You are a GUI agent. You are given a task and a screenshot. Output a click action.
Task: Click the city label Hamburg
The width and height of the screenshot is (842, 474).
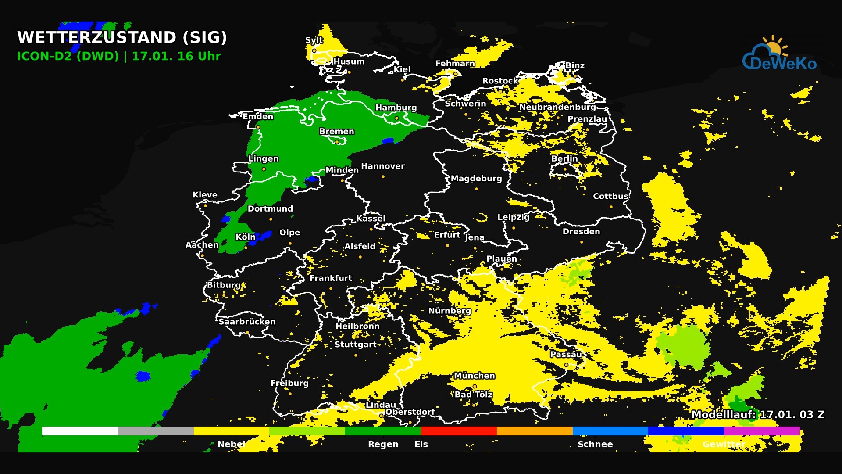point(396,108)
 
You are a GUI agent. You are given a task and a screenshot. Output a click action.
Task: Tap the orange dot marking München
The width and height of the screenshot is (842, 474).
point(475,387)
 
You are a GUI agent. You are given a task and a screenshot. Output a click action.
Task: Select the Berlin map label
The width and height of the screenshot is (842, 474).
point(564,158)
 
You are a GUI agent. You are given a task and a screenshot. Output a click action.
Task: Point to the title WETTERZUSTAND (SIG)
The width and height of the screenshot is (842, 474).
point(122,37)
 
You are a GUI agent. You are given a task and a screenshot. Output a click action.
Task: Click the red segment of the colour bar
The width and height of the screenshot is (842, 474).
point(459,431)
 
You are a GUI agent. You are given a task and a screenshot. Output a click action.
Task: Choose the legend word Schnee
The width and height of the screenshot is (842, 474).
point(595,444)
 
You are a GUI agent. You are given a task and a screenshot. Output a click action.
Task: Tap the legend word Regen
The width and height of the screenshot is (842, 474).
point(383,444)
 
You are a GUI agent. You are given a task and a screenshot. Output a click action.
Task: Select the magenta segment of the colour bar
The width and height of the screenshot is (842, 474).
point(762,431)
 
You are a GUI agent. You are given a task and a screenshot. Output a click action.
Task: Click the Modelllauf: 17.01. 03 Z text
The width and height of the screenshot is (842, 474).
point(757,414)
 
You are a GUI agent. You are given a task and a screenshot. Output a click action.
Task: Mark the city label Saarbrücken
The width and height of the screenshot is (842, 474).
point(247,322)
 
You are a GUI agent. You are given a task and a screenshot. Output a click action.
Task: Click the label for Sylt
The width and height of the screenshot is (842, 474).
point(314,40)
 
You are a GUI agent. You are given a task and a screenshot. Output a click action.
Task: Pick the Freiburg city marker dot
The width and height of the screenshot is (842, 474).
point(290,394)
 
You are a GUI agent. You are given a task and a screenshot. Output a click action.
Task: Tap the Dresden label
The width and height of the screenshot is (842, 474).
point(581,231)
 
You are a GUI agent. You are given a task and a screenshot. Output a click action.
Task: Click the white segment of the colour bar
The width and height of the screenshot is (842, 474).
point(80,431)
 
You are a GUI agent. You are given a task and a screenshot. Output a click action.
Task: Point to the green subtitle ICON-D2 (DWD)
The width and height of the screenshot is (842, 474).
point(68,56)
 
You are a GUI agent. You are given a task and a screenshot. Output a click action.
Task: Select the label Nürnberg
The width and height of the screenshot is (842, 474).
point(450,311)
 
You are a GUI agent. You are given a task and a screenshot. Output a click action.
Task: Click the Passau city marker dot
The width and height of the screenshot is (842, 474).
point(566,365)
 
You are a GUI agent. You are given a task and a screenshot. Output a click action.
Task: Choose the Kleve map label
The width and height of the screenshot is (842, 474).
point(205,194)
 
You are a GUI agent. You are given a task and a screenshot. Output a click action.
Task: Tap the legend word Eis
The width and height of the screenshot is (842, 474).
point(421,444)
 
